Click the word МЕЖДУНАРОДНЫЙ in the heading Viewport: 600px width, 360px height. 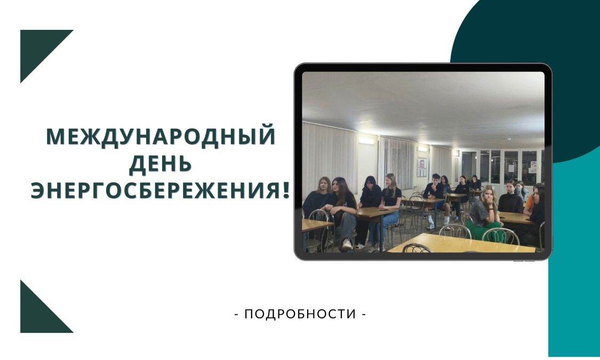click(161, 137)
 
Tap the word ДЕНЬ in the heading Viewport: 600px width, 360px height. click(161, 163)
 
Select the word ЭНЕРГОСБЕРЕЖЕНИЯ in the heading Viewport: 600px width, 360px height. click(156, 190)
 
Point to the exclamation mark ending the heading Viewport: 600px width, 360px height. click(286, 190)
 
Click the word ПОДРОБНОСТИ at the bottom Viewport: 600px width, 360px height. click(300, 314)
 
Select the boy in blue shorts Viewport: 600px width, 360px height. click(435, 199)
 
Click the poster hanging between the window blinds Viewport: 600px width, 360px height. click(422, 167)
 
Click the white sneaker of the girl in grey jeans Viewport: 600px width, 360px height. click(347, 244)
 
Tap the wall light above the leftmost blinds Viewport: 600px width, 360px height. click(366, 141)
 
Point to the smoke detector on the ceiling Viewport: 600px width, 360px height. click(509, 139)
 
